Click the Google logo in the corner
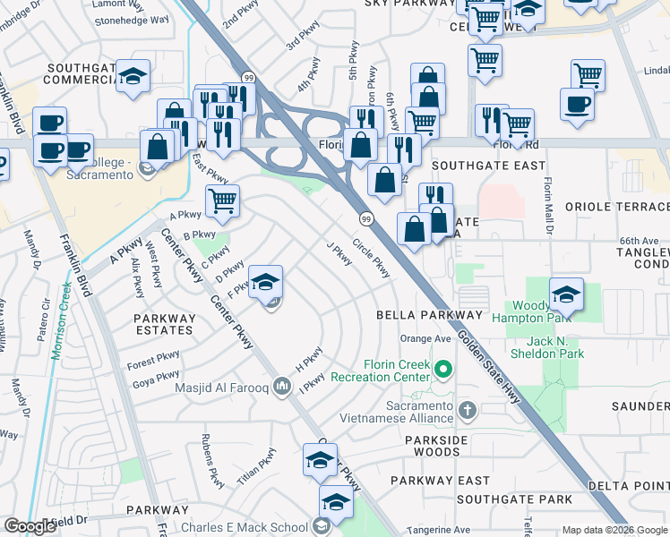pos(30,526)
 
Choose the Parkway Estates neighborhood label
pos(163,324)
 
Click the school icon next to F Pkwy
pos(265,283)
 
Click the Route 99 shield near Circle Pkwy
pos(366,219)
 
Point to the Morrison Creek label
pos(61,322)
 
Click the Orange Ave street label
pos(425,339)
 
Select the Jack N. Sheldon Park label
pos(543,347)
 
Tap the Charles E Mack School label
pos(245,527)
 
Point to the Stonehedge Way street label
pos(131,19)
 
